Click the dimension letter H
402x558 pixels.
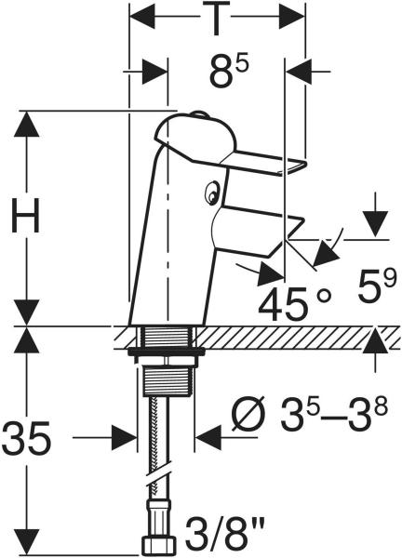pos(25,216)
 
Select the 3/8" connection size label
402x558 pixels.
pos(224,534)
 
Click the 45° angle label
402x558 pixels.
pos(294,303)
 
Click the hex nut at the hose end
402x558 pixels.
pos(159,547)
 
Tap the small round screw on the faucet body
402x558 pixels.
pos(212,193)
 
